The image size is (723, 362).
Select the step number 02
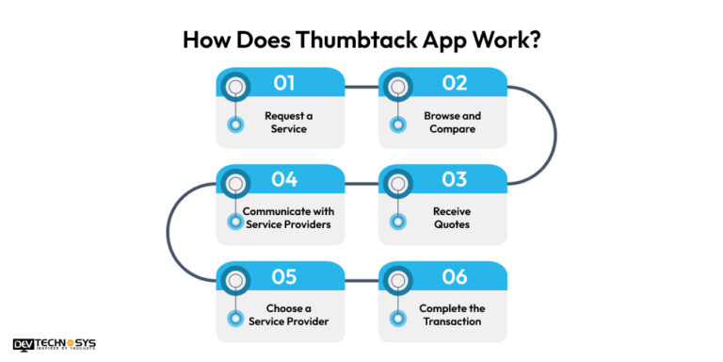[x=455, y=83]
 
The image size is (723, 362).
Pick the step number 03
[x=455, y=180]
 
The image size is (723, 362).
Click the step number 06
[x=455, y=277]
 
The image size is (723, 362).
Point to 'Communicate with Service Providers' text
[x=287, y=219]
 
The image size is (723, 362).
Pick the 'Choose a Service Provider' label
[x=288, y=316]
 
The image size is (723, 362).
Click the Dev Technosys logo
[x=55, y=344]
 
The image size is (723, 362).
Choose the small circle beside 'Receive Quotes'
[x=398, y=222]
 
